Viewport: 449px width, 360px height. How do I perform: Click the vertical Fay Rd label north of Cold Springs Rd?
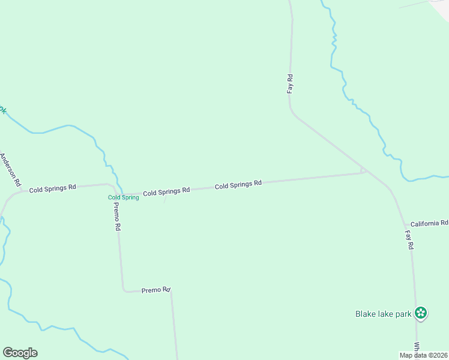click(290, 83)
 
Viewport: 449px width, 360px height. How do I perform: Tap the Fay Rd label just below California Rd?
click(409, 240)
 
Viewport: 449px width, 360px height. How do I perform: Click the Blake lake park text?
click(383, 314)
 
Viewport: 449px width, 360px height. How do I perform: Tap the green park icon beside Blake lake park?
click(421, 313)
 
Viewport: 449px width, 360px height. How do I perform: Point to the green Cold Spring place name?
click(123, 197)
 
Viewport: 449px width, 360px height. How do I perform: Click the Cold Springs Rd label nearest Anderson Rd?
click(53, 188)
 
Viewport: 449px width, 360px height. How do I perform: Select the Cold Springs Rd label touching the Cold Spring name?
click(166, 191)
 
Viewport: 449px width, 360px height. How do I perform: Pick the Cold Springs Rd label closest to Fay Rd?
click(238, 185)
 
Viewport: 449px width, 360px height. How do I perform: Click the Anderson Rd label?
click(11, 169)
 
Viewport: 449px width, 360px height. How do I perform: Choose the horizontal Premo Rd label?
click(156, 290)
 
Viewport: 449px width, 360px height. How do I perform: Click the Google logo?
click(20, 353)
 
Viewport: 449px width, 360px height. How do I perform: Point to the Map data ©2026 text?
click(423, 355)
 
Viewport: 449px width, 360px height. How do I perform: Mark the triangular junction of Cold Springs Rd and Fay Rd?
click(363, 171)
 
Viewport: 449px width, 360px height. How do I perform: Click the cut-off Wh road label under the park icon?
click(417, 348)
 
